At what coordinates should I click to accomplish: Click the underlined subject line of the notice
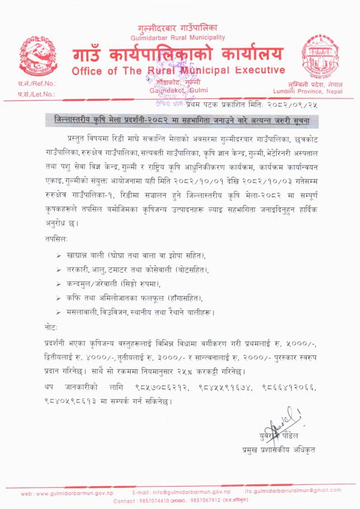(178, 121)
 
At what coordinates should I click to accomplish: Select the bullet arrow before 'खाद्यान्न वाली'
(60, 256)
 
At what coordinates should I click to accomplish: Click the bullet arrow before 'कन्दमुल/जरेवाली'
(60, 284)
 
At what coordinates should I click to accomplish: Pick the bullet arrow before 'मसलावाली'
(60, 311)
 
